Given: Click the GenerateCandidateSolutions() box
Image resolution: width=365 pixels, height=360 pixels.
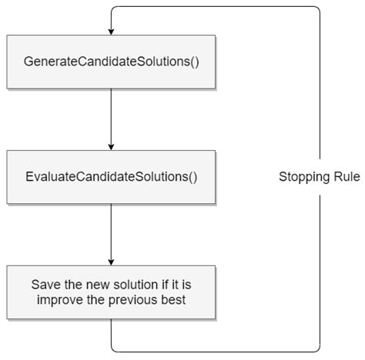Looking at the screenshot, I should pos(112,60).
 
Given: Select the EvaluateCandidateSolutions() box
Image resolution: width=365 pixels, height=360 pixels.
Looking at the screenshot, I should pos(112,176).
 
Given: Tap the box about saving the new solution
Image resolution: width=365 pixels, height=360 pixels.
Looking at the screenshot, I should pos(112,292).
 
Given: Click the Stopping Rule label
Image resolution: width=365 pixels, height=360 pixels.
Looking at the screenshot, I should pos(319,177).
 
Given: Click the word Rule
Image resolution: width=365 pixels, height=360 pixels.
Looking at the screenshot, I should pos(346,177).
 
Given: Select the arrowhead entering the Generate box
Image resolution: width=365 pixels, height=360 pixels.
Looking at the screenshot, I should pos(112,32).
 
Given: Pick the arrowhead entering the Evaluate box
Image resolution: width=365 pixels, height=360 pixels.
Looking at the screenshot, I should pos(112,147).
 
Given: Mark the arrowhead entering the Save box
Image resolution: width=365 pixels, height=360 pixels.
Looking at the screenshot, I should pos(112,262).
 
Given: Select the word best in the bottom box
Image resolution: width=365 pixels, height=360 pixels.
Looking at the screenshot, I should pos(173,299).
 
